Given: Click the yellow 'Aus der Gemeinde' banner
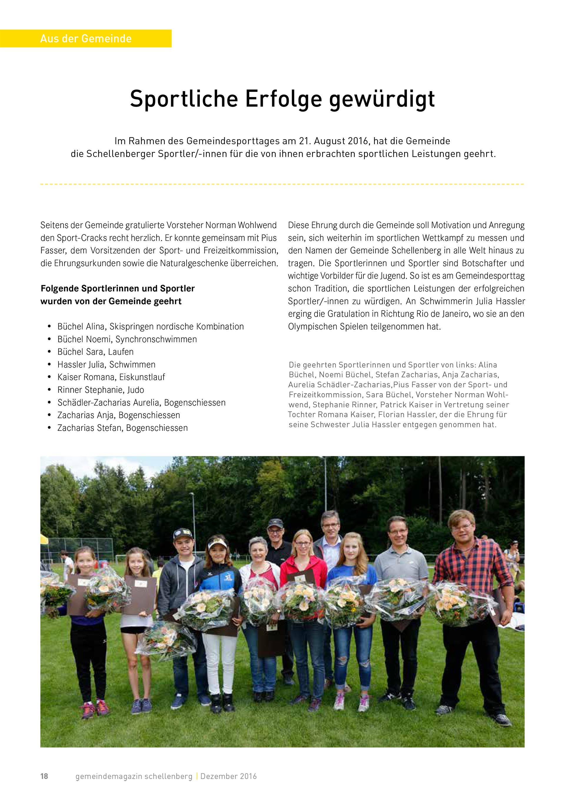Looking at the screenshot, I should [x=86, y=38].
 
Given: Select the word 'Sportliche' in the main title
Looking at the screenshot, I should [x=184, y=99].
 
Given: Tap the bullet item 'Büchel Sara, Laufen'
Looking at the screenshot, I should [x=95, y=352].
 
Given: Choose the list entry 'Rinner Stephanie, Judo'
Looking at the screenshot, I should [x=101, y=390].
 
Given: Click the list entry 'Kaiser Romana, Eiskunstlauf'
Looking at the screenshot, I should [x=111, y=377].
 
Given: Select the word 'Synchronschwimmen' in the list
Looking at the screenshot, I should [x=156, y=339].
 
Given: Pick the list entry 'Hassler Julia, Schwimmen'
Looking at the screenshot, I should [x=106, y=364].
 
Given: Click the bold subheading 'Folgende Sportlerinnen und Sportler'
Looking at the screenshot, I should [x=118, y=288].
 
